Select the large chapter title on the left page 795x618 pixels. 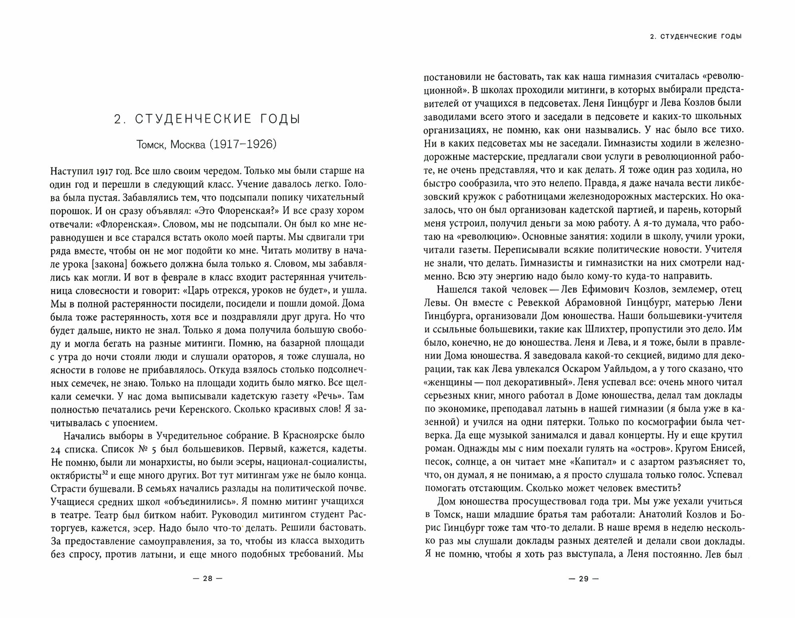(x=207, y=119)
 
